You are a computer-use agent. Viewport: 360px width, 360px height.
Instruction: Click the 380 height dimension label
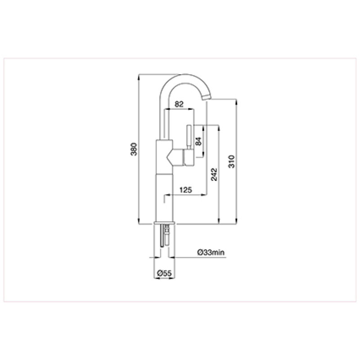[x=134, y=149]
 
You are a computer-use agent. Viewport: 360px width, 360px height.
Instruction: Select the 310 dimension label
[x=231, y=162]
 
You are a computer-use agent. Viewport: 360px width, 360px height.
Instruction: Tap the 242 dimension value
[x=214, y=175]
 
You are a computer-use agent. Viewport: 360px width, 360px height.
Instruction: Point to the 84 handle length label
[x=198, y=141]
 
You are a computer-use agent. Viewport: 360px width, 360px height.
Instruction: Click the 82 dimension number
[x=179, y=104]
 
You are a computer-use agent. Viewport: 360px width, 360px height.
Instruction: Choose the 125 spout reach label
[x=185, y=190]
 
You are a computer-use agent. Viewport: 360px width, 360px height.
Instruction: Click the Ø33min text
[x=211, y=252]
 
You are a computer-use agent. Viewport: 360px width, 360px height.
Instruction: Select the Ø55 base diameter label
[x=164, y=273]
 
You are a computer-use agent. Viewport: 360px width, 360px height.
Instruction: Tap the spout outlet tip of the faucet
[x=206, y=98]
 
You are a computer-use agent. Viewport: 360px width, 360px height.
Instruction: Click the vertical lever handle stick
[x=189, y=137]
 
